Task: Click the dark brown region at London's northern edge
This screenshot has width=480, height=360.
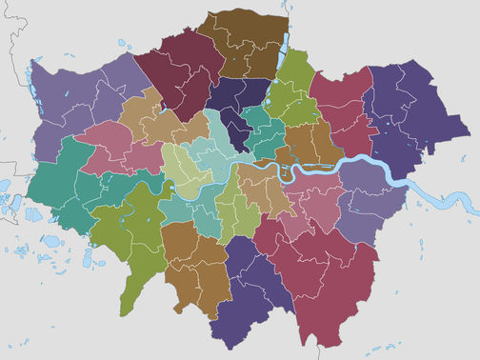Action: click(x=246, y=43)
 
